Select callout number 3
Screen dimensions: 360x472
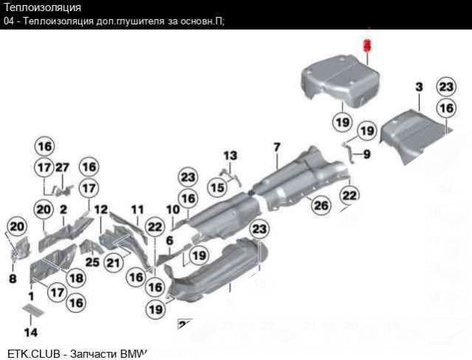tap(418, 88)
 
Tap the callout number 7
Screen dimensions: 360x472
tap(276, 146)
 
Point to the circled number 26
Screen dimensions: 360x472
tap(320, 205)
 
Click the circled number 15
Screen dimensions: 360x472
tap(216, 189)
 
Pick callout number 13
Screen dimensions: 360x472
tap(231, 156)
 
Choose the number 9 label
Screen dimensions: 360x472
tap(367, 155)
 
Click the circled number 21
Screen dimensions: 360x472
tap(112, 262)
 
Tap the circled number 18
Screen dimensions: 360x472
tap(75, 277)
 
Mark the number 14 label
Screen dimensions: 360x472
tap(31, 332)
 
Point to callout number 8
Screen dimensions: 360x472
tap(12, 279)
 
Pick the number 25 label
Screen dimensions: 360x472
tap(92, 262)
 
